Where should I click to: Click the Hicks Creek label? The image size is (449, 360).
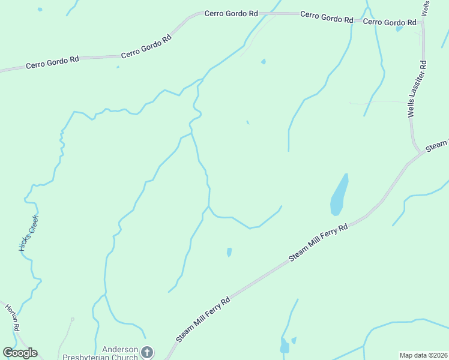tap(28, 233)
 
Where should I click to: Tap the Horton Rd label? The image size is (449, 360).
tap(13, 317)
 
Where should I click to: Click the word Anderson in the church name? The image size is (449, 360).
tap(120, 349)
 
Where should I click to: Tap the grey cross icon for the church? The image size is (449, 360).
tap(148, 353)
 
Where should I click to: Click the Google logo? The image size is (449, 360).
tap(20, 353)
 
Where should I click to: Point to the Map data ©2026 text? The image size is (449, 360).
tap(423, 355)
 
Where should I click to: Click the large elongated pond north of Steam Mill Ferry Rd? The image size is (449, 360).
tap(339, 194)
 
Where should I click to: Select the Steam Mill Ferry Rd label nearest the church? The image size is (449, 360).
tap(204, 320)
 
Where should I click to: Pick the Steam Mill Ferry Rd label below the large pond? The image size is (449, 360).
tap(319, 242)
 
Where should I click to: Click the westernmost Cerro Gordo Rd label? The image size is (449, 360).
tap(53, 62)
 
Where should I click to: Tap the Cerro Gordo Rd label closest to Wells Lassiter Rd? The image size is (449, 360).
tap(390, 22)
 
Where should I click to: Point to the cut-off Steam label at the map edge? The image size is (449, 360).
tap(436, 146)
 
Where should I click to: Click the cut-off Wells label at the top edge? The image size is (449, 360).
tap(426, 7)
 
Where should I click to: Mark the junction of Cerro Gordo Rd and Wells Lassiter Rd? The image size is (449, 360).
tap(423, 21)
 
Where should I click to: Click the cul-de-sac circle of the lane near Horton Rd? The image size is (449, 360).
tap(72, 320)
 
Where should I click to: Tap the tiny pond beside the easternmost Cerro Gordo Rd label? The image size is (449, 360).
tap(399, 28)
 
